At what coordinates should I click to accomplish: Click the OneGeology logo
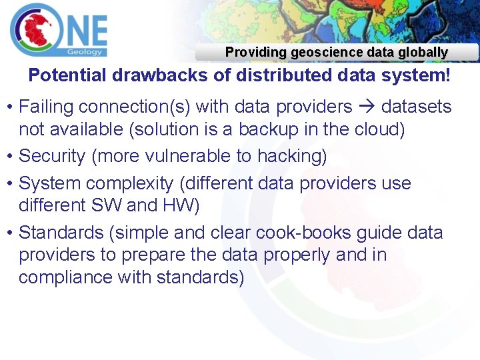59,29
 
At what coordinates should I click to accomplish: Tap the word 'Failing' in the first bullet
45,107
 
